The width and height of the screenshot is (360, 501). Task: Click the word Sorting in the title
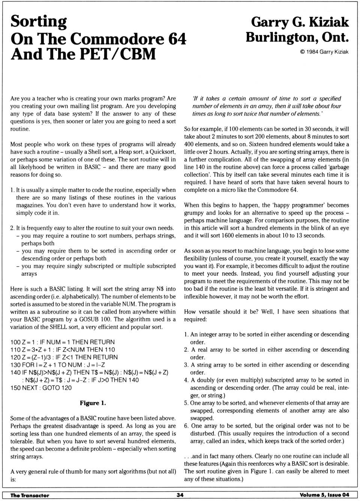(39, 22)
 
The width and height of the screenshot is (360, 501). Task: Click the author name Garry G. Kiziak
(300, 22)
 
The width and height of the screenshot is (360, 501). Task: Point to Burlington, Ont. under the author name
(297, 37)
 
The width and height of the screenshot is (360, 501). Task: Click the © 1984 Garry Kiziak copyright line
(324, 52)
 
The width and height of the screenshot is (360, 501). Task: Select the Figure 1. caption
(93, 403)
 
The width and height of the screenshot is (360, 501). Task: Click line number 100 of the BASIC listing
(15, 342)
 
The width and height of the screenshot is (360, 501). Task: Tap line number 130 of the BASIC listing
(15, 365)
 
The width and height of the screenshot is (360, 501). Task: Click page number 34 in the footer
(180, 495)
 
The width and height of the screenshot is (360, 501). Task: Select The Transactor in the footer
(30, 495)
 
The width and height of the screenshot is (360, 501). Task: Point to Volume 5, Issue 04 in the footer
(324, 495)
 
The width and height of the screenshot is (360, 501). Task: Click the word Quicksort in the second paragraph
(162, 152)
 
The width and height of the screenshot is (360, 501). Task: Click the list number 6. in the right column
(186, 426)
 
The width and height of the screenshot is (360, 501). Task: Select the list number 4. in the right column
(186, 380)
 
